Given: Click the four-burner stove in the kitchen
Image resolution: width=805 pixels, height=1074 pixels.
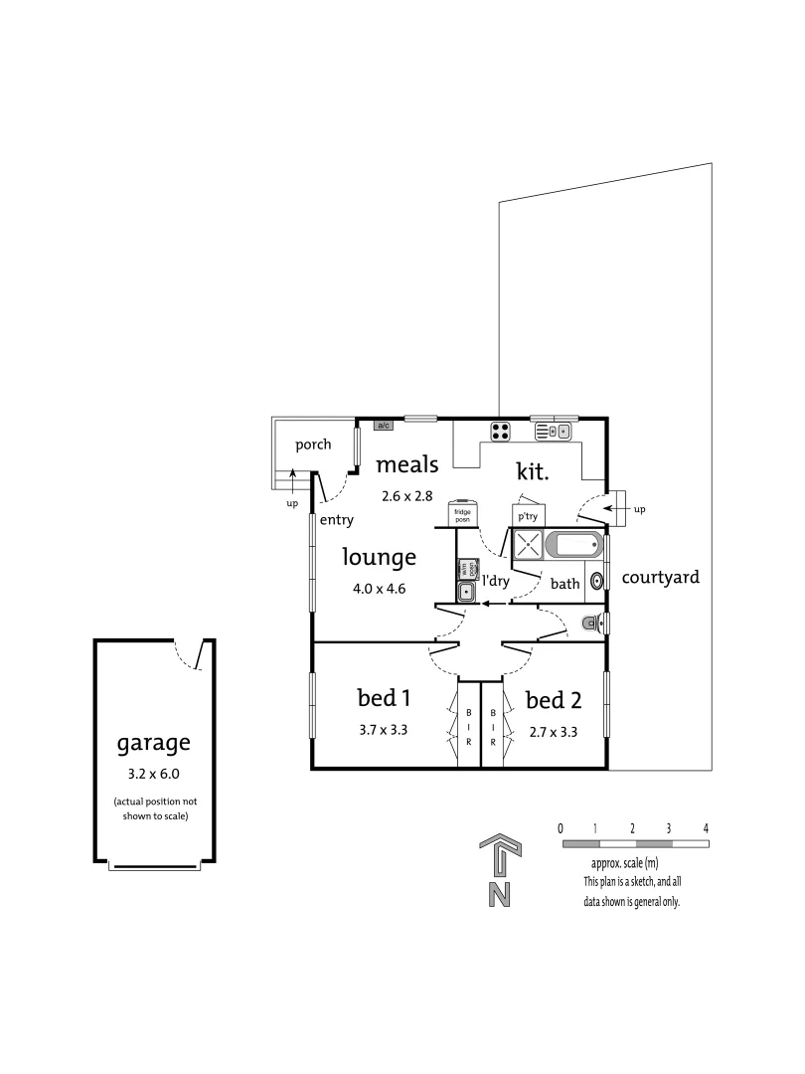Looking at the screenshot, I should click(x=501, y=432).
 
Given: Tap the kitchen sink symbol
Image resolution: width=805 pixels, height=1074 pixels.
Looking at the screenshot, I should click(x=555, y=432).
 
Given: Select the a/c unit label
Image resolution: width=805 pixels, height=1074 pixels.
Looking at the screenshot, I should click(x=384, y=425).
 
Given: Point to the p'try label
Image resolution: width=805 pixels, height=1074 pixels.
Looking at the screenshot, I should click(x=527, y=516).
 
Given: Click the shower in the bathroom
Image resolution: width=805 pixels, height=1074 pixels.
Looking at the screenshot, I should click(x=528, y=546).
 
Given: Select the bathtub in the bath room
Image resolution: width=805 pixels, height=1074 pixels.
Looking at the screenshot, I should click(x=574, y=546).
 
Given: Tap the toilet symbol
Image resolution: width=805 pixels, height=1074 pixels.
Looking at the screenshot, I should click(x=593, y=624).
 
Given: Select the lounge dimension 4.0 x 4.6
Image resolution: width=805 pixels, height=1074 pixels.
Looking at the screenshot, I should click(x=380, y=588).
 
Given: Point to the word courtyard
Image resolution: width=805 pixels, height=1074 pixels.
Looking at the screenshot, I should click(x=661, y=577).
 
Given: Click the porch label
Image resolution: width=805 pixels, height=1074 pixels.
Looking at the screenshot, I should click(x=312, y=445).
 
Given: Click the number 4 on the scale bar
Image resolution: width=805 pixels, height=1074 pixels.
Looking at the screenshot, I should click(x=706, y=827).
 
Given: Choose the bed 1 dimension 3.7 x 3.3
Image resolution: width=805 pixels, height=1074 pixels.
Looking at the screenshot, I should click(x=384, y=729).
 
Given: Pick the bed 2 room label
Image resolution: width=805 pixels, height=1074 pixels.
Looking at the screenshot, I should click(x=553, y=700).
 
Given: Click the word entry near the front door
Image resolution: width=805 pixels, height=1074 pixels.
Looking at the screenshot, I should click(x=336, y=520).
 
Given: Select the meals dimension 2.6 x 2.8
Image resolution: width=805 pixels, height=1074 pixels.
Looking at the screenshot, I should click(x=407, y=495).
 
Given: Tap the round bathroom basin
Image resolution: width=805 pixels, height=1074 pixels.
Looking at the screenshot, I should click(x=597, y=581).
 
